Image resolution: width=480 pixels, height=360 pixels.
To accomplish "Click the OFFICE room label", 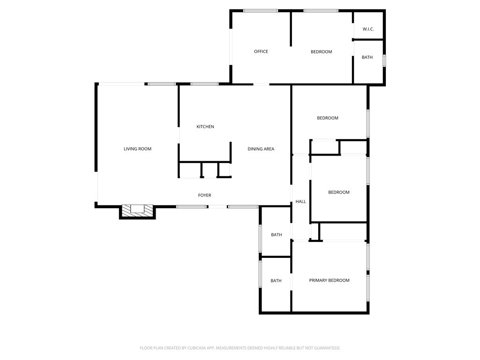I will click(x=261, y=52).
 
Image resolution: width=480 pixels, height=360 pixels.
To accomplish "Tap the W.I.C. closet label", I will click(x=368, y=29).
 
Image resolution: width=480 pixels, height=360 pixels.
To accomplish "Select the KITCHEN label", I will click(x=205, y=127).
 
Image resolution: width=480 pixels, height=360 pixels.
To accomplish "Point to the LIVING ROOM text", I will click(x=137, y=149).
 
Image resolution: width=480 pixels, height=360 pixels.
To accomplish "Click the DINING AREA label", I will click(x=261, y=149).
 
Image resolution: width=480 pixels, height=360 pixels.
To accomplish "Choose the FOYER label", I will click(x=204, y=195).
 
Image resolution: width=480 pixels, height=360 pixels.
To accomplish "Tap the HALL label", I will click(x=300, y=202).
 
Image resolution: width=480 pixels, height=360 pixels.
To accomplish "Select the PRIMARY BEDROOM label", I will click(x=329, y=280).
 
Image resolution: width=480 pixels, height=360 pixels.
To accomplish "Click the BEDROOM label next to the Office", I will click(x=321, y=52).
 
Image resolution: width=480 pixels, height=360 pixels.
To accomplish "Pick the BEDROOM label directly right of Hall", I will click(x=338, y=192).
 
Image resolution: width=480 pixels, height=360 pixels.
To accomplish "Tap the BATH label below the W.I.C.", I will click(x=367, y=57).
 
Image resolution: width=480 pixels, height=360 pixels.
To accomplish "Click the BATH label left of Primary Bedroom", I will click(x=276, y=281).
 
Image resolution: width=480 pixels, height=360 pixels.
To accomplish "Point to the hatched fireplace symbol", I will click(x=138, y=210).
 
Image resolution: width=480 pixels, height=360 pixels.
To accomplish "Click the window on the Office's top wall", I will click(x=260, y=11).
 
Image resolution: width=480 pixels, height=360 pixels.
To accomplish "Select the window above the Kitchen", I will click(x=204, y=84).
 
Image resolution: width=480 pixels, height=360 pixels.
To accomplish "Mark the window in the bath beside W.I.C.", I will click(x=384, y=60).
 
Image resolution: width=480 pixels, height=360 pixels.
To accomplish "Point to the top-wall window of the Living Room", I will click(x=162, y=84).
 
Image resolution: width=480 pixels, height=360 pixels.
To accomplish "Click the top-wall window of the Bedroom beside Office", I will click(x=321, y=11).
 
